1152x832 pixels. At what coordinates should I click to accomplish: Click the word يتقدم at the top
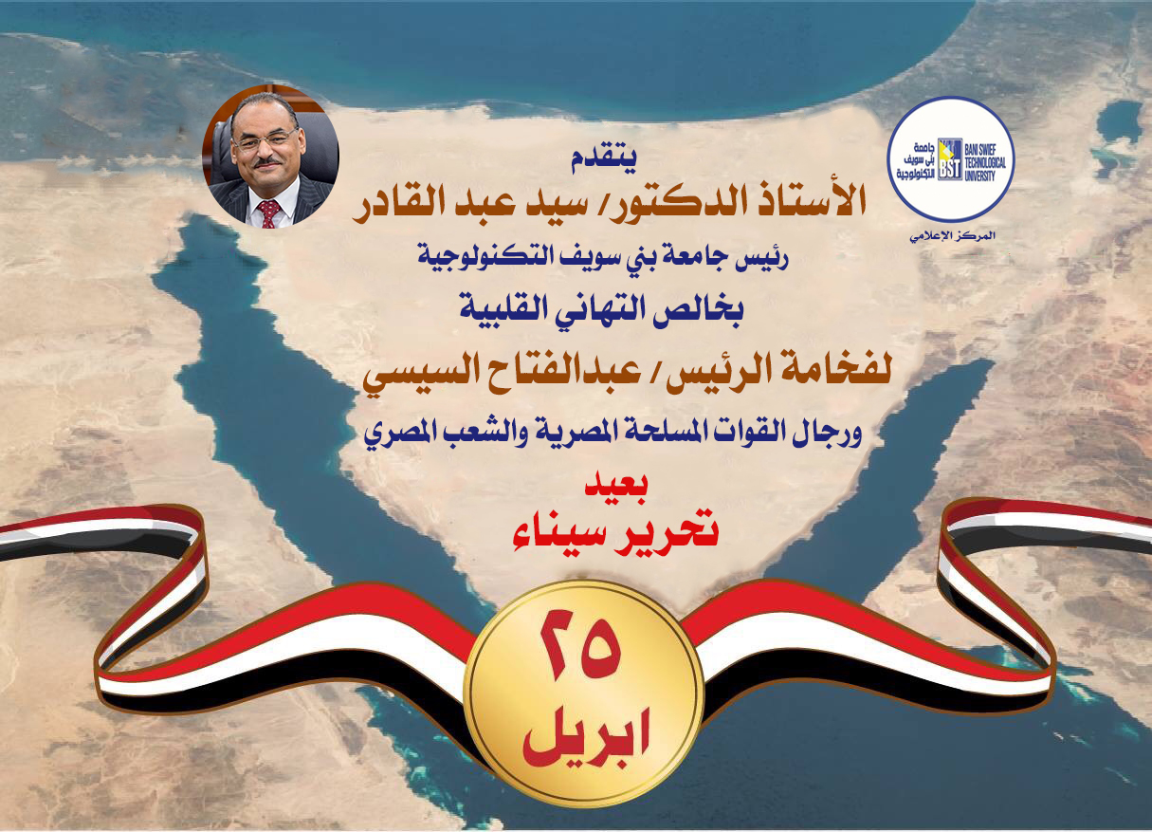tap(603, 158)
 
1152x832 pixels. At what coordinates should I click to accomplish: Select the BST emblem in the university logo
tap(950, 159)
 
